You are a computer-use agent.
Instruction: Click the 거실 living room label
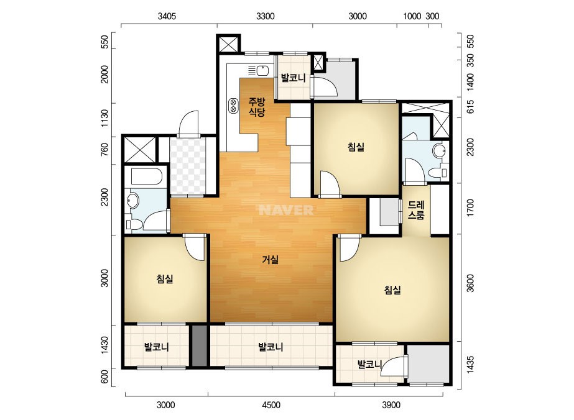(x=271, y=260)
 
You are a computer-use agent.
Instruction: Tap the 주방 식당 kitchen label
(x=257, y=107)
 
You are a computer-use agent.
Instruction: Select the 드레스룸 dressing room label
(x=416, y=210)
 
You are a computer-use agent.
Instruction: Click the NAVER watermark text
(x=286, y=210)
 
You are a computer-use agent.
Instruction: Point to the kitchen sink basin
(x=262, y=70)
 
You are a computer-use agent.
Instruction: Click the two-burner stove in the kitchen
(x=233, y=106)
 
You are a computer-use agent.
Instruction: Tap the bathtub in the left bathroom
(x=146, y=176)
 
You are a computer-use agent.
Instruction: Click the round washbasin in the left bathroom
(x=132, y=201)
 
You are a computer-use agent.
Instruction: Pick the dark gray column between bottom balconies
(x=199, y=345)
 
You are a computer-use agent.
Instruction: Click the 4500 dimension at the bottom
(x=271, y=405)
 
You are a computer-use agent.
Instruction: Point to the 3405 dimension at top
(x=167, y=16)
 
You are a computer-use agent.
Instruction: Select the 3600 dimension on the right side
(x=470, y=283)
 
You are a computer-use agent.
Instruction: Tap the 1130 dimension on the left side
(x=104, y=118)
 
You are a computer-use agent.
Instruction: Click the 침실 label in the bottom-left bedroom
(x=165, y=279)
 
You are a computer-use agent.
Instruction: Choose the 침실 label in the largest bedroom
(x=392, y=290)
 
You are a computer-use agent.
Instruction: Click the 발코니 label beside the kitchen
(x=294, y=78)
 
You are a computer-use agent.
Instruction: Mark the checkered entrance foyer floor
(x=187, y=167)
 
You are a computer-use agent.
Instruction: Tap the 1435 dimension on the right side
(x=470, y=364)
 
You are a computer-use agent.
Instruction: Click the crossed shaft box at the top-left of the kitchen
(x=228, y=44)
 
